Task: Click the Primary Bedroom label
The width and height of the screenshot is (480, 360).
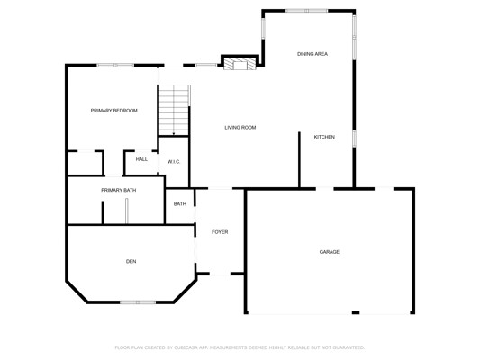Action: click(x=113, y=111)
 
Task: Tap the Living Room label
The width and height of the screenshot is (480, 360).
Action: click(x=240, y=128)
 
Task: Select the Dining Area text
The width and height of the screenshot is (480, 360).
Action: click(x=312, y=54)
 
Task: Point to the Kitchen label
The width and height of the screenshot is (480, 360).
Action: click(x=324, y=137)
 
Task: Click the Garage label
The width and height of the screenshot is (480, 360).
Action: click(x=329, y=252)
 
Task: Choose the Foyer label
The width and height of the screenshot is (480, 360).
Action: click(x=220, y=232)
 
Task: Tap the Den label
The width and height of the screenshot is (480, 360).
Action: click(x=131, y=261)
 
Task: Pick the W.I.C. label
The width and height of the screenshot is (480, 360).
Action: click(x=174, y=162)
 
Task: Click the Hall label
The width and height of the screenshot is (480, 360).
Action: click(x=141, y=159)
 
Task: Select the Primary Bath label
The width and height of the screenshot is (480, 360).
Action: click(x=119, y=190)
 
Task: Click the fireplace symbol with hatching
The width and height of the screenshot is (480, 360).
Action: click(x=240, y=64)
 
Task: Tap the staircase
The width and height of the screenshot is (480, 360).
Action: click(x=174, y=110)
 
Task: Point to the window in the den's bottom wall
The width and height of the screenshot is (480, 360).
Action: click(x=138, y=302)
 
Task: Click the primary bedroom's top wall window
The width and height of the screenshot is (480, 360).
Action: click(x=115, y=65)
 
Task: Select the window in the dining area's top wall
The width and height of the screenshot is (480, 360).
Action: click(x=307, y=11)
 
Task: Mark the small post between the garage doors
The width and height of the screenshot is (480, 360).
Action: click(x=356, y=312)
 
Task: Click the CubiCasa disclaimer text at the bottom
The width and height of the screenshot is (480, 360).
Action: click(x=240, y=347)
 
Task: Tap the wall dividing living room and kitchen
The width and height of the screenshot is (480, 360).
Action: click(x=299, y=159)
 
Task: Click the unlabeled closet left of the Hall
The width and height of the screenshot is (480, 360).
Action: click(x=85, y=163)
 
